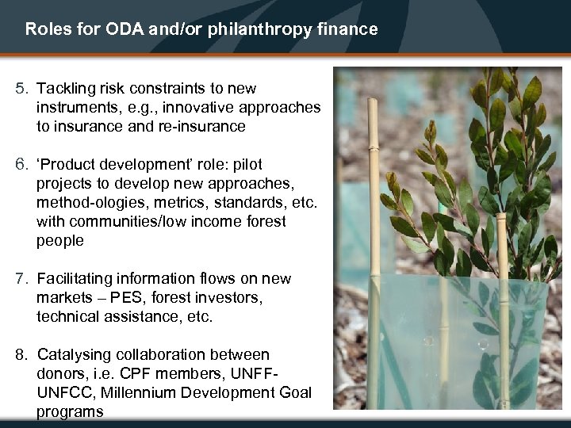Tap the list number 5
(21, 89)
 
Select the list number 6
(21, 165)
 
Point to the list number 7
(21, 279)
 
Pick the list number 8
(21, 355)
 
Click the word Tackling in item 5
(68, 89)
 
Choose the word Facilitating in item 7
(77, 279)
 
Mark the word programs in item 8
(70, 412)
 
